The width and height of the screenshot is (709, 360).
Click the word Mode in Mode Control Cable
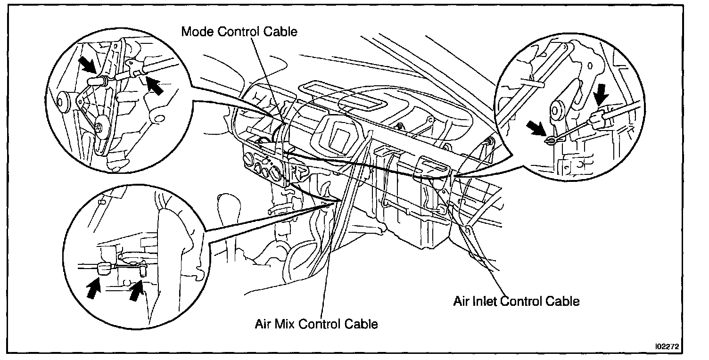(x=196, y=32)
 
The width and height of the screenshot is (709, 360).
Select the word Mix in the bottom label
(x=283, y=324)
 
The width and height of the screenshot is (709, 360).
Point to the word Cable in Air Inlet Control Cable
(x=561, y=301)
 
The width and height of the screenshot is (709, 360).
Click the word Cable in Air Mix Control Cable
(x=360, y=324)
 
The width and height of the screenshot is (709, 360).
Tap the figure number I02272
(x=666, y=346)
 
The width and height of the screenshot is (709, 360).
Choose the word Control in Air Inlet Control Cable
(x=521, y=301)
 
